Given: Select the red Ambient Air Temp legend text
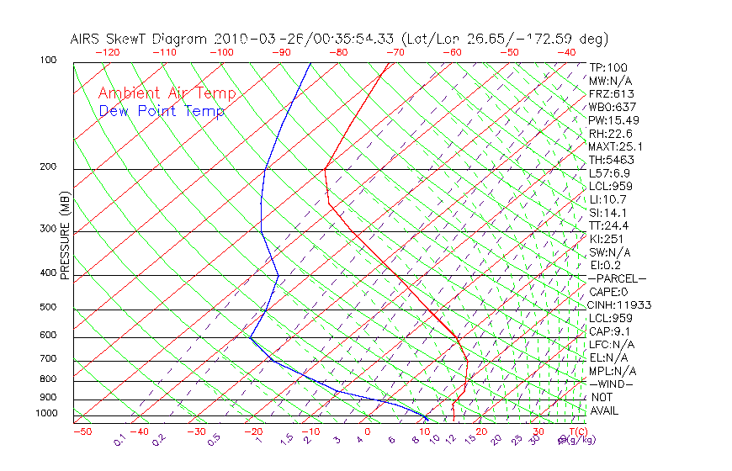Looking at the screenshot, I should click(x=167, y=93).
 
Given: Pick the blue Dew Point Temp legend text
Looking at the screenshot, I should click(x=161, y=111).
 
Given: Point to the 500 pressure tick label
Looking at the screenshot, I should click(x=47, y=308).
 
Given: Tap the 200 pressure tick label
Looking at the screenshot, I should click(x=47, y=167).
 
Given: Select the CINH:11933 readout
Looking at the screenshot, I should click(x=620, y=304).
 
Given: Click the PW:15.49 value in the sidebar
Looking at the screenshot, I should click(x=613, y=120).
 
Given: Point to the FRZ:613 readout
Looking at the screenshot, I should click(x=611, y=94).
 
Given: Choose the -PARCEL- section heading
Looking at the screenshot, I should click(x=617, y=278).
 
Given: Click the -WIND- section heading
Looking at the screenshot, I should click(x=611, y=384).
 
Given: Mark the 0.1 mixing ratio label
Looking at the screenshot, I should click(x=120, y=440).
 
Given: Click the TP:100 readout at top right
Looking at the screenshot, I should click(x=607, y=67).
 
